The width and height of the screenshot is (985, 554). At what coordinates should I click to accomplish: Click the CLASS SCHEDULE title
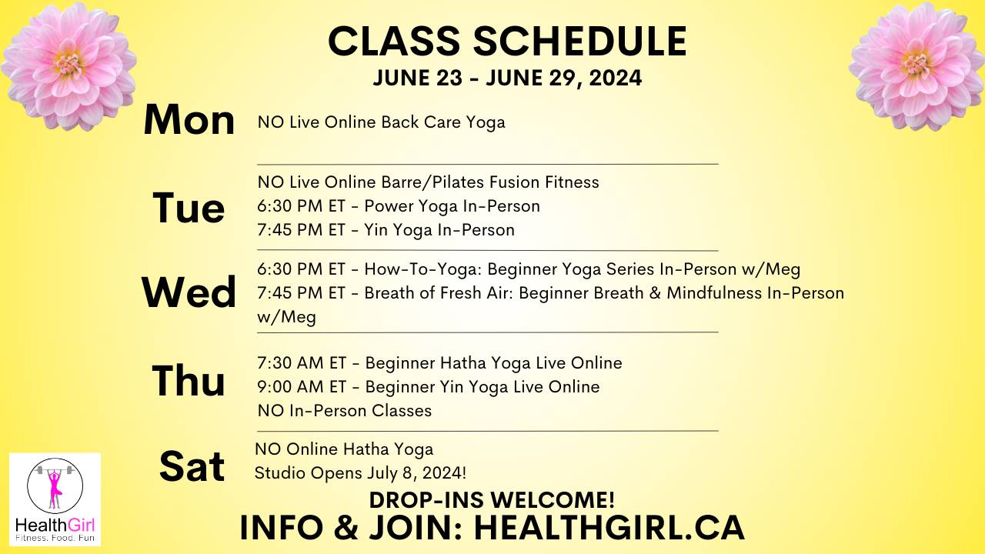pos(507,42)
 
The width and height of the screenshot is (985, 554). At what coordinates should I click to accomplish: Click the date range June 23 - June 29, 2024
pos(507,78)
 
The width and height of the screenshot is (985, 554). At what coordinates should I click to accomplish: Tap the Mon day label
pos(189,121)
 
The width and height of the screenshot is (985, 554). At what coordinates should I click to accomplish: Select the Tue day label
pos(189,208)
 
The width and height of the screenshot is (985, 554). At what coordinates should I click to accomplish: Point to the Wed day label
pos(189,292)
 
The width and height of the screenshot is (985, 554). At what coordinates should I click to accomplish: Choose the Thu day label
pos(189,381)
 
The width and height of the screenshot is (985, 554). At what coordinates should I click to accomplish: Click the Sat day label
pos(192,466)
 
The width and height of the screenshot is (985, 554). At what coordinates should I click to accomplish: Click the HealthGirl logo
pos(55,499)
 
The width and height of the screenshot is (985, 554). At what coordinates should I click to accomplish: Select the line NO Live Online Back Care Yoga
pos(382,122)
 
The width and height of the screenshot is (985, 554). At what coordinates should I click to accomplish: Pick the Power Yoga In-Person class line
pos(399,206)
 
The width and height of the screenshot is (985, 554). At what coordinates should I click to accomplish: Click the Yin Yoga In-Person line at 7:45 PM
pos(386,230)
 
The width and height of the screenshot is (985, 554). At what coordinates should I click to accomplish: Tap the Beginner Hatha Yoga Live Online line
pos(439,362)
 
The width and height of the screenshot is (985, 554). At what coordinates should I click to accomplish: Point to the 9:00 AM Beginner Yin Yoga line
pos(429,386)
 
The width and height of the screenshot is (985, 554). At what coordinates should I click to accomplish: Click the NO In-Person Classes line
pos(345,410)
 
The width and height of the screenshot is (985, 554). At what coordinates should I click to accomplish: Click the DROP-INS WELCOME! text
pos(492,500)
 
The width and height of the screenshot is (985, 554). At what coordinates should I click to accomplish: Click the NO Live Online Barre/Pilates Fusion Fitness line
pos(429,182)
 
